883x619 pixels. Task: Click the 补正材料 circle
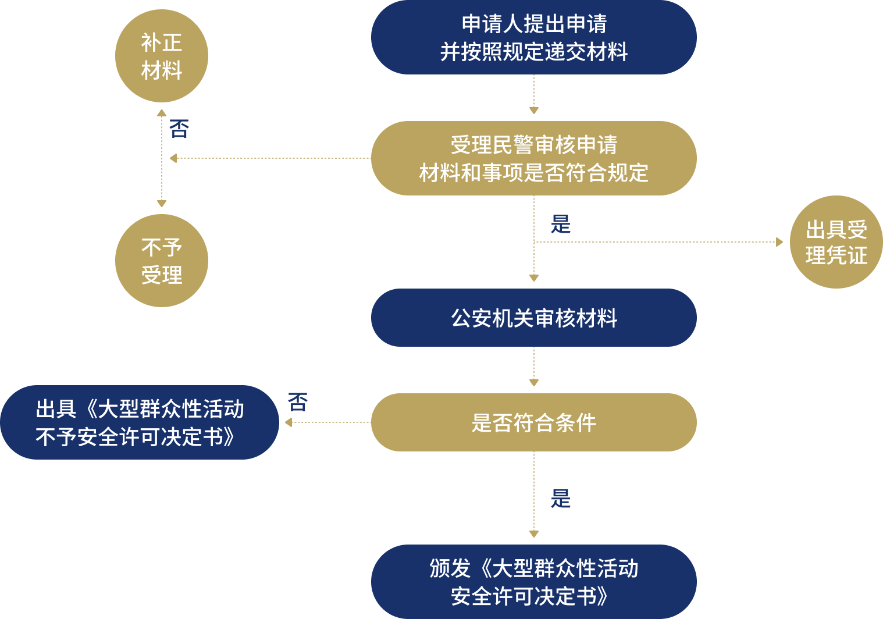click(x=162, y=56)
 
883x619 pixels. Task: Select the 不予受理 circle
click(x=162, y=261)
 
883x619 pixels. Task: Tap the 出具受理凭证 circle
click(x=836, y=242)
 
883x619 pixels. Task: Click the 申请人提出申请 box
click(x=533, y=37)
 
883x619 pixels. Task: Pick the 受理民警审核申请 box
click(x=533, y=158)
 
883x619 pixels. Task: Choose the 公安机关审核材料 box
click(x=533, y=318)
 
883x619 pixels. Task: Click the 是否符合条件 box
click(x=533, y=422)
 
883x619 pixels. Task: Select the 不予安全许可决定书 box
click(x=140, y=422)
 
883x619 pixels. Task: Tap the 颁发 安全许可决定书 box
click(x=533, y=582)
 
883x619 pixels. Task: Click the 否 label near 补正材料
click(x=179, y=129)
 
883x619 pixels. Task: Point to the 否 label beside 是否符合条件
click(x=298, y=402)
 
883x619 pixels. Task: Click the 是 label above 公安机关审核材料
click(x=561, y=224)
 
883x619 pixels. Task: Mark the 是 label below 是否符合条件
click(x=561, y=499)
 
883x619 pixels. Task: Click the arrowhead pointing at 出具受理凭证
click(x=779, y=242)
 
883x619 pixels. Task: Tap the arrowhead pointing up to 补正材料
click(x=162, y=113)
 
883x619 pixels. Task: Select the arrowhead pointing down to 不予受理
click(x=162, y=204)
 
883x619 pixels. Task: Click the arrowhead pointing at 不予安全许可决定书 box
click(x=289, y=422)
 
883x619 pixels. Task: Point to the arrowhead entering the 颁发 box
click(x=534, y=534)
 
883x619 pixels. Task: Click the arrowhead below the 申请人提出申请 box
click(x=534, y=111)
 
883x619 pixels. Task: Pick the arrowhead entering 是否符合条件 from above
click(x=534, y=383)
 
